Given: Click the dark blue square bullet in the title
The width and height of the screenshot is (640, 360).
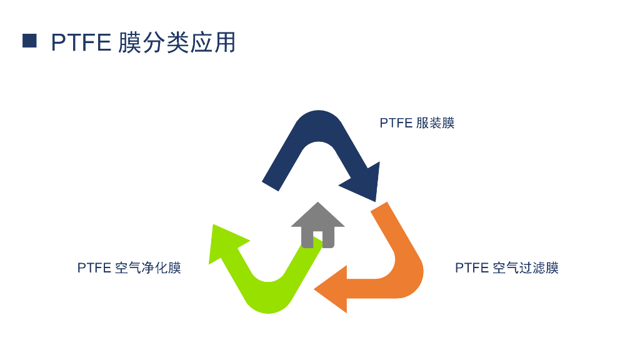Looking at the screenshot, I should tap(29, 41).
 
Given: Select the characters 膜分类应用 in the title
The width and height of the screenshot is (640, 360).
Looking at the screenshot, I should tap(177, 42).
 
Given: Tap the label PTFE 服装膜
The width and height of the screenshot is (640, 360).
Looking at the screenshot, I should tap(417, 123).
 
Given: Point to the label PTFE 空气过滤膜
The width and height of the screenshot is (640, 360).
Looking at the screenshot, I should tap(506, 268).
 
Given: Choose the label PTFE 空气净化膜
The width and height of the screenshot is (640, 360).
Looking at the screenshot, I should tap(129, 268).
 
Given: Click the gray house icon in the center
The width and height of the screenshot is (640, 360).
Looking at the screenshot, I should tap(317, 226).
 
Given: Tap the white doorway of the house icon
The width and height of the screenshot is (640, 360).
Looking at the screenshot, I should tap(317, 238).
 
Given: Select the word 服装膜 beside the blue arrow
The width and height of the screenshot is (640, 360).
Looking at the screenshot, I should tap(435, 123).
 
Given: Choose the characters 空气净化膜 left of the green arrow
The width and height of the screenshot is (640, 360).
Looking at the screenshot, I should tap(148, 268).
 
